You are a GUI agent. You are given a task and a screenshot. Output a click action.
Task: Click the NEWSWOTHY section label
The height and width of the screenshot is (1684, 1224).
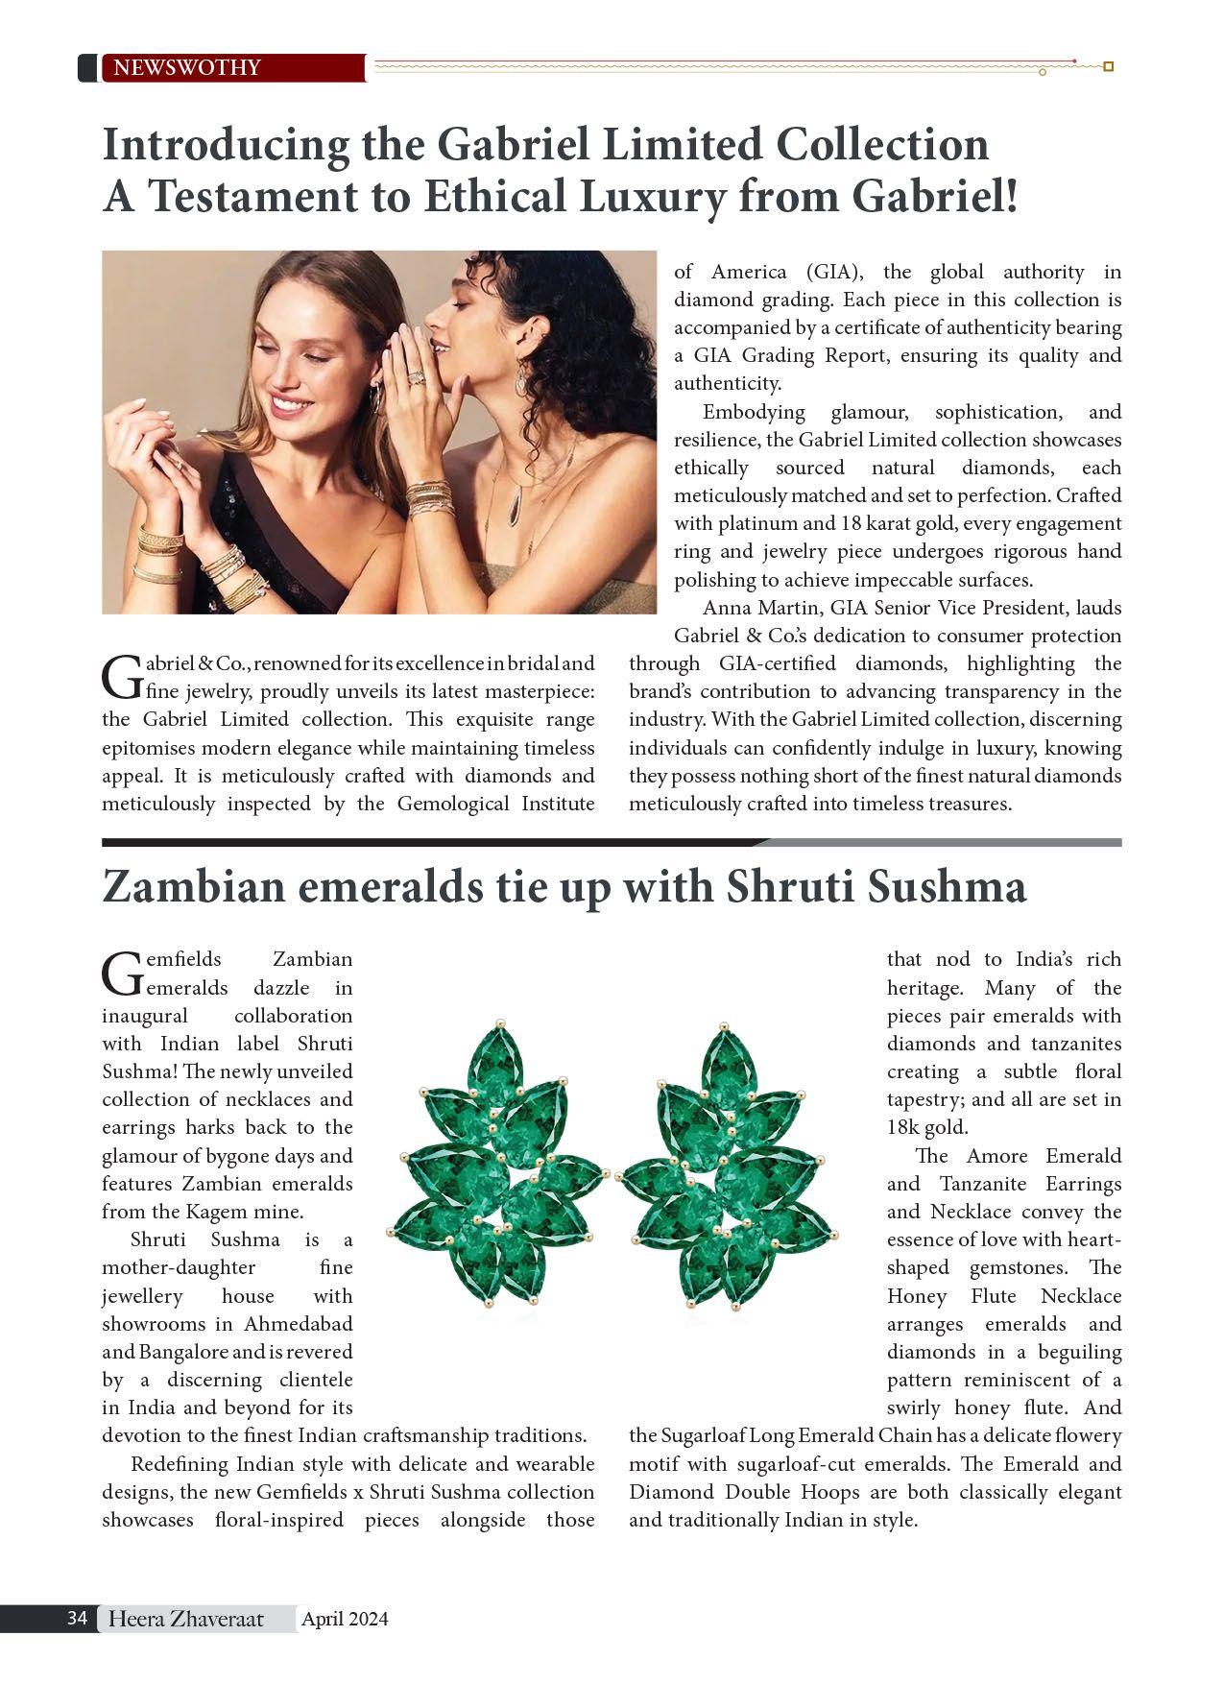(x=187, y=67)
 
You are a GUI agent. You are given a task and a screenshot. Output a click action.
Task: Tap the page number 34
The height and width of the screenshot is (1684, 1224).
(x=78, y=1618)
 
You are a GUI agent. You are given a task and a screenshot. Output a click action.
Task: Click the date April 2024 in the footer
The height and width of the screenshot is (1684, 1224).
(x=345, y=1619)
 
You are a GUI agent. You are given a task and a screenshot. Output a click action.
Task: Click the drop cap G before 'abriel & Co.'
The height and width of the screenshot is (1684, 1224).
(x=121, y=677)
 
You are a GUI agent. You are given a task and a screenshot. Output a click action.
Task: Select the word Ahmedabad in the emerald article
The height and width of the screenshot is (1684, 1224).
(x=298, y=1323)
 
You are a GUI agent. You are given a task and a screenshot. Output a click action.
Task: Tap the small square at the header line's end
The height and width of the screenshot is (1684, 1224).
(x=1108, y=66)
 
